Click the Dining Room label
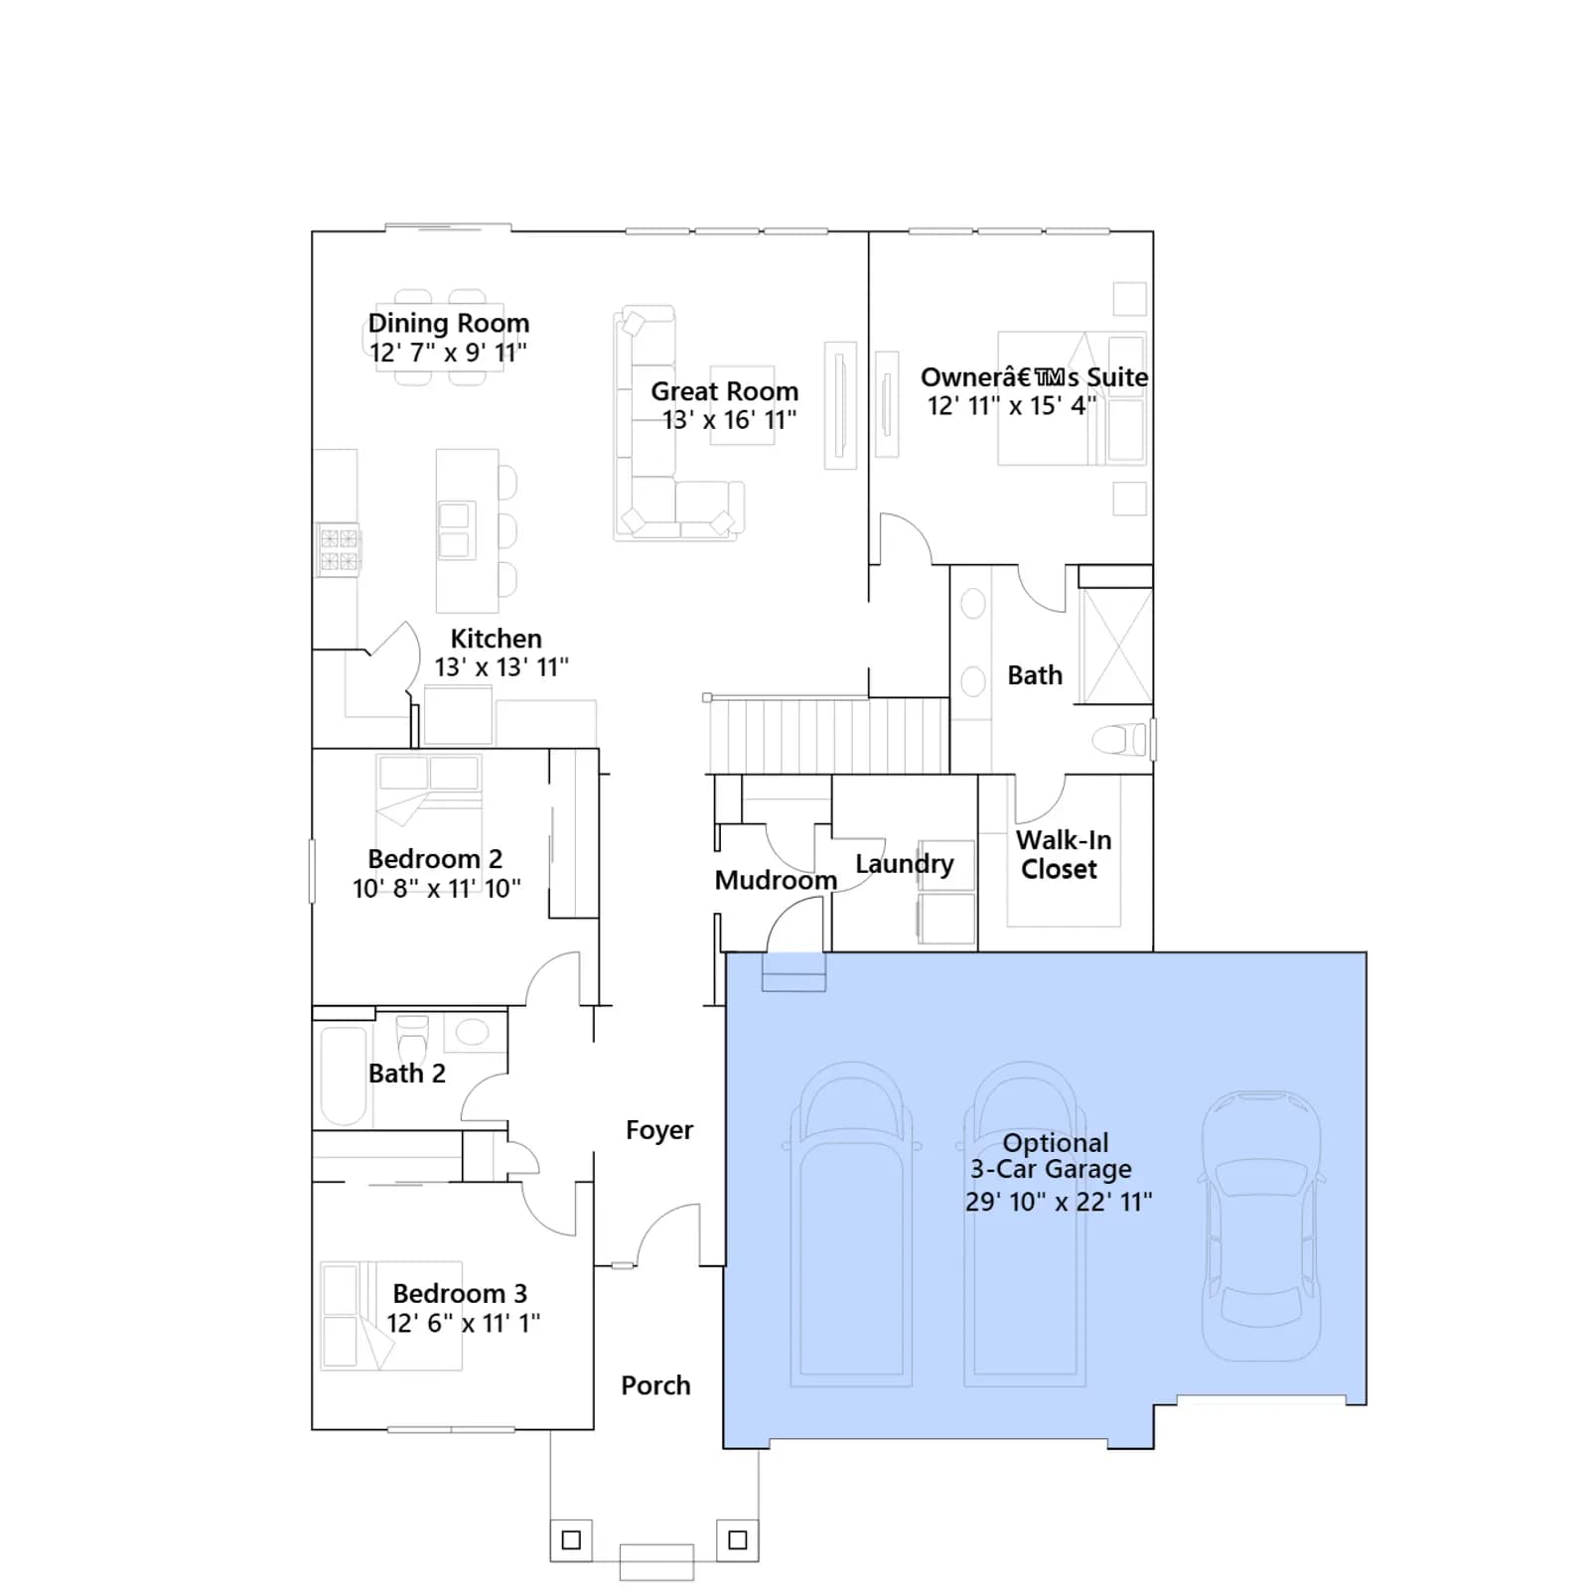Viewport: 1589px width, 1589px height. click(449, 323)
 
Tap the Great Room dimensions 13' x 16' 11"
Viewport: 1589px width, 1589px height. click(730, 420)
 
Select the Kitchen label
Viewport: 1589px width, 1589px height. click(496, 639)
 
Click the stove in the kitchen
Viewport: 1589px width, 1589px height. click(339, 550)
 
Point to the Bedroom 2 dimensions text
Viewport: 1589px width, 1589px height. click(437, 888)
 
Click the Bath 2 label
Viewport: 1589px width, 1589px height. click(406, 1074)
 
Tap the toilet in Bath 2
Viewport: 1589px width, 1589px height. click(412, 1040)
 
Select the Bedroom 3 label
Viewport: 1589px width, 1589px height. click(460, 1293)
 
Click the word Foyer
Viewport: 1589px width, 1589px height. click(659, 1130)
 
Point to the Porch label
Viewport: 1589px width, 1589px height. click(655, 1385)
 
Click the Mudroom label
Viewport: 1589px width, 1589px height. click(776, 880)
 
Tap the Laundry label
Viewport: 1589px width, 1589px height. click(904, 864)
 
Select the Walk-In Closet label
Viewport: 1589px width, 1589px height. click(1062, 854)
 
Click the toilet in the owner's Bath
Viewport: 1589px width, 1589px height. click(1120, 739)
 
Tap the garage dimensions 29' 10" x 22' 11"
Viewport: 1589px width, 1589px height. click(1059, 1202)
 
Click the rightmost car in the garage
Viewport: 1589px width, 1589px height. click(1261, 1226)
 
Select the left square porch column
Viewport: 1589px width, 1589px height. click(571, 1540)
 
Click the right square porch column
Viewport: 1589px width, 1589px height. click(737, 1539)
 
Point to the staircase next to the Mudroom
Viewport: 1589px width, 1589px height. click(828, 735)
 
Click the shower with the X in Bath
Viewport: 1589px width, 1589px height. click(1115, 647)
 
